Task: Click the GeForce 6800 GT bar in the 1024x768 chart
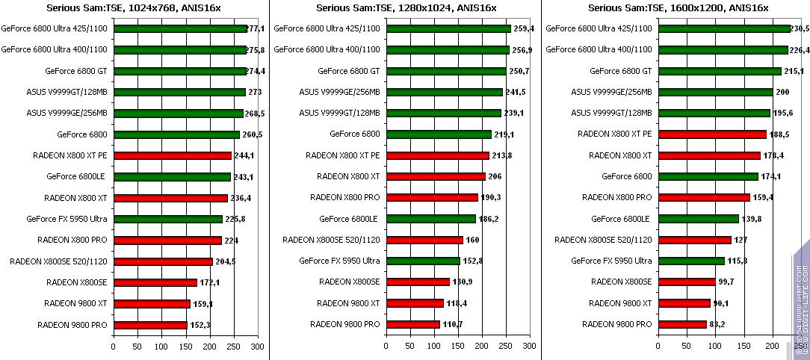tap(179, 71)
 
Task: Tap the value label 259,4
tap(524, 28)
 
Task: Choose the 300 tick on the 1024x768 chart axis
tap(258, 347)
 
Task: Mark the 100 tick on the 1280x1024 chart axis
tap(434, 347)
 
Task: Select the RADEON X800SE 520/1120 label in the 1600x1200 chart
tap(603, 240)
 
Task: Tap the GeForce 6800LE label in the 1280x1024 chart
tap(349, 219)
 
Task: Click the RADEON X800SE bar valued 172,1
tap(155, 282)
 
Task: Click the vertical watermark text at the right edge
tap(800, 299)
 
